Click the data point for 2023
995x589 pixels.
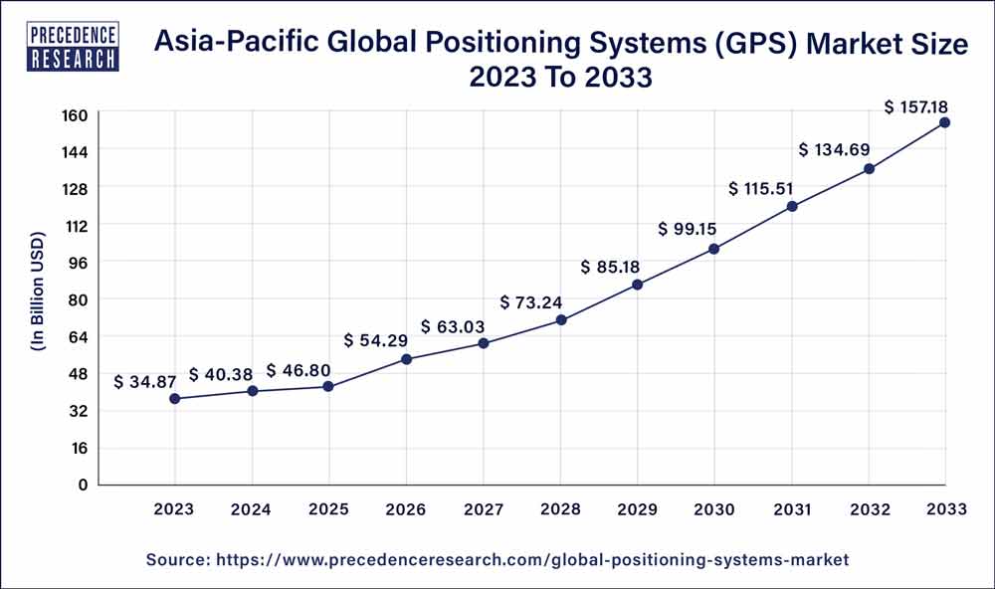click(175, 399)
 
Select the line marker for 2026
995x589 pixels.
click(406, 359)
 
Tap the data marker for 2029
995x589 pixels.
click(637, 285)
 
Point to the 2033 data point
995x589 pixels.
click(944, 122)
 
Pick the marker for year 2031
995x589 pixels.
click(791, 206)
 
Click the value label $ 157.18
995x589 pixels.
click(917, 105)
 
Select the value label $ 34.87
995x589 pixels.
click(147, 382)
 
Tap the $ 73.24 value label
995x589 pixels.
click(532, 302)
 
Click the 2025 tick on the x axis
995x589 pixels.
click(329, 509)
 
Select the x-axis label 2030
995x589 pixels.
click(713, 509)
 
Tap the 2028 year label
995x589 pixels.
click(560, 509)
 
